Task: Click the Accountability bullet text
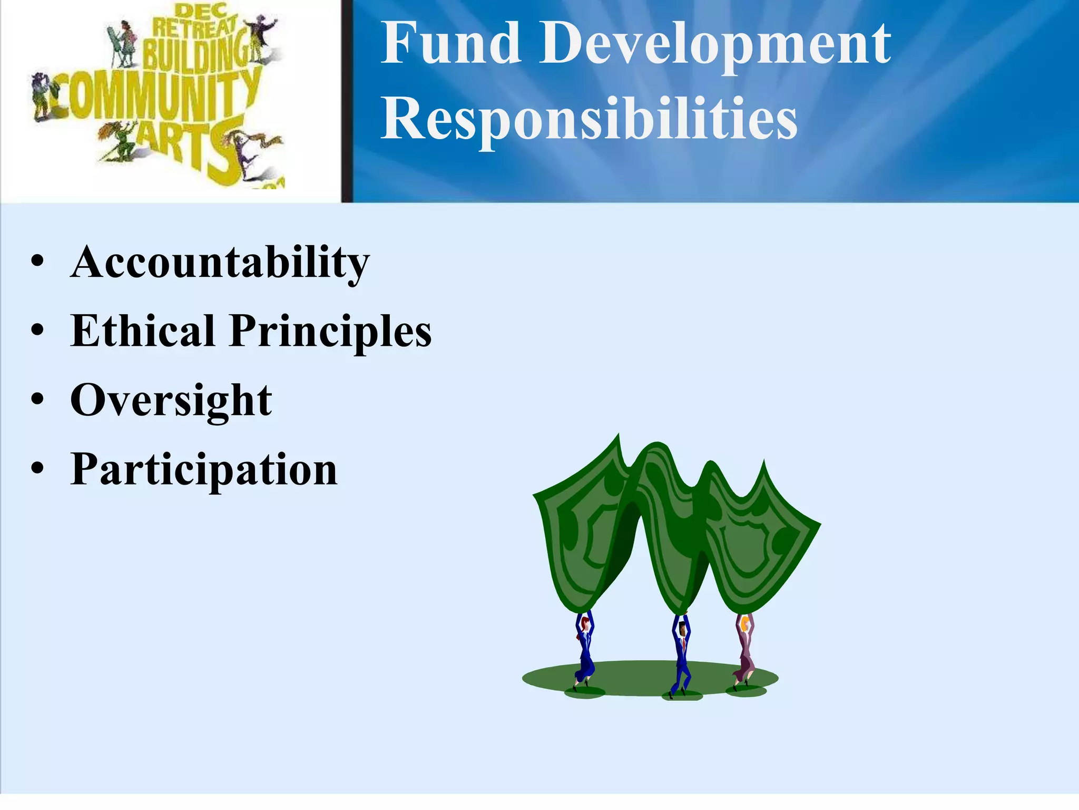[x=220, y=262]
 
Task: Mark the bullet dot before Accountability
[x=37, y=261]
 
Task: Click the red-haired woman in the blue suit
[x=584, y=651]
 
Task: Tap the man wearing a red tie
[x=681, y=654]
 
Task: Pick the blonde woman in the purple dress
[x=744, y=651]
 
